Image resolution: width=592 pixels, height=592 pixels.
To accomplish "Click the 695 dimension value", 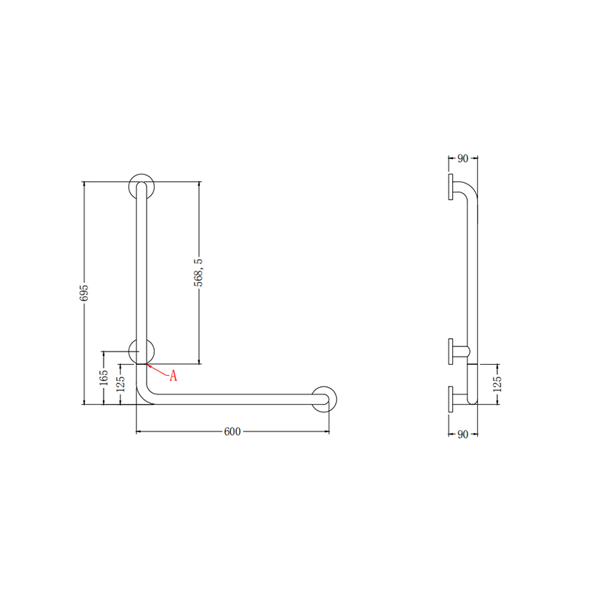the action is [x=84, y=292].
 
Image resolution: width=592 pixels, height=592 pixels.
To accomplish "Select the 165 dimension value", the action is [x=104, y=378].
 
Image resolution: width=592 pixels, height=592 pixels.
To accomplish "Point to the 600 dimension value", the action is [x=232, y=431].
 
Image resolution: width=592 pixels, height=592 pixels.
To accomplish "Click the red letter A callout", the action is [x=173, y=376].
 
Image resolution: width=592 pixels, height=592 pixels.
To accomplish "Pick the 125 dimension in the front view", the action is [x=121, y=384].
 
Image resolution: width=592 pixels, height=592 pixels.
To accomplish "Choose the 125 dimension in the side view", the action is [x=497, y=384].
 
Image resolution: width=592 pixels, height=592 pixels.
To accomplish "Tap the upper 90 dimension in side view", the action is [x=463, y=158].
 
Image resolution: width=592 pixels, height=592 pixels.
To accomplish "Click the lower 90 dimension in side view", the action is [x=463, y=434].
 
